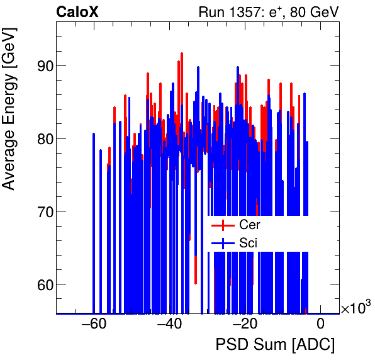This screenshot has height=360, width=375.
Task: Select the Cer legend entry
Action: (250, 225)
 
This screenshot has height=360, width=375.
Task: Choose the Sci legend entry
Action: (249, 242)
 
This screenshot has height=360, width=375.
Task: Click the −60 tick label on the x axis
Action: (94, 325)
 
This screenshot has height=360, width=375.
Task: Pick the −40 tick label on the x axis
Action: (169, 325)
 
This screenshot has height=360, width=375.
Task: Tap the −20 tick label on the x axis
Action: (245, 325)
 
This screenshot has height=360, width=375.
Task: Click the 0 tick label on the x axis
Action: (320, 325)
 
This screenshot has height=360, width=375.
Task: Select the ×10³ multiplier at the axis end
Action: (355, 308)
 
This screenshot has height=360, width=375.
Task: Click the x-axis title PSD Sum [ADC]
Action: (275, 345)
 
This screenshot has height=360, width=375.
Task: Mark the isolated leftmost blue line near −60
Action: (94, 220)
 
